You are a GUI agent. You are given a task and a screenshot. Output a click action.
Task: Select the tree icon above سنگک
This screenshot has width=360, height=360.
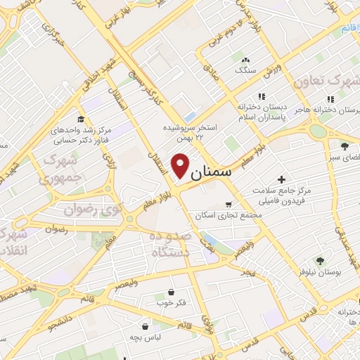244,60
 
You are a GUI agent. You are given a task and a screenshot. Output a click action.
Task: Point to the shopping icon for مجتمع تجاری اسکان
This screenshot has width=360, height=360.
227,205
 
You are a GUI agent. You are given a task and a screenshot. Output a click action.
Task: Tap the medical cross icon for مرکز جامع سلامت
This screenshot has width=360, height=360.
282,180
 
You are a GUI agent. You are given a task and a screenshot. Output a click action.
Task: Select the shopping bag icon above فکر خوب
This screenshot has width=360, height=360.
170,292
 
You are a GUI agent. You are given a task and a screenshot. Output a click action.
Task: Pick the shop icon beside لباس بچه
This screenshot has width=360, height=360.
146,326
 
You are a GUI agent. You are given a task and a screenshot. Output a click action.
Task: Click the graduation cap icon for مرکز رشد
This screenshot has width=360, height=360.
80,119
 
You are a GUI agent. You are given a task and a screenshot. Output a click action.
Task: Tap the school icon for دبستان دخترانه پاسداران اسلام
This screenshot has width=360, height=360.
262,96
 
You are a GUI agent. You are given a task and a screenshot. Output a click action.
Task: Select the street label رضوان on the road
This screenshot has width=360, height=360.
56,229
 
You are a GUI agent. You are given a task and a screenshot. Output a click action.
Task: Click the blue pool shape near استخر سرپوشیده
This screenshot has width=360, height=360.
191,117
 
